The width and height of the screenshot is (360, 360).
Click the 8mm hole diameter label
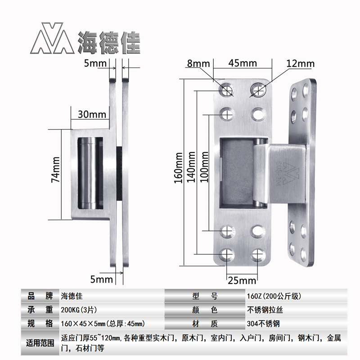coord(196,63)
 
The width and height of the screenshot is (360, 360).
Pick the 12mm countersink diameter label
coord(300,63)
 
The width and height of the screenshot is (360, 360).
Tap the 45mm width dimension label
coord(242,63)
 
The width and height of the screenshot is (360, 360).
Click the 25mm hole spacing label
coord(241,281)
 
